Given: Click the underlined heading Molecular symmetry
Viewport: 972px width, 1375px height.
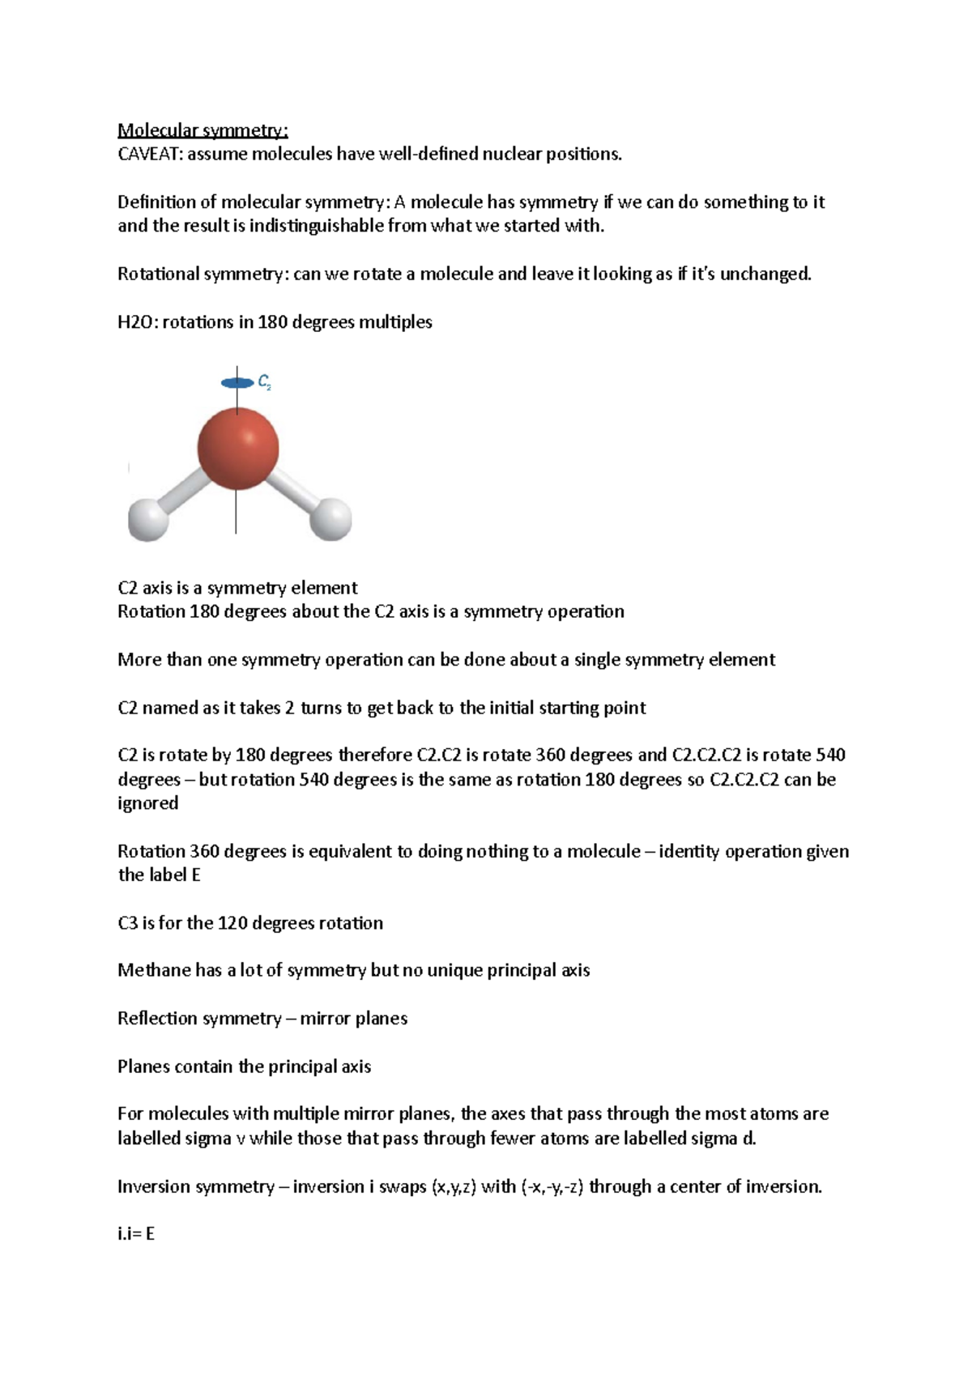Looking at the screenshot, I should tap(202, 130).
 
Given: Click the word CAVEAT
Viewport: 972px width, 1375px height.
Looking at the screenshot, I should tap(150, 155).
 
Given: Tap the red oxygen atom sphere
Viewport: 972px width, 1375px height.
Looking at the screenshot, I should tap(238, 449).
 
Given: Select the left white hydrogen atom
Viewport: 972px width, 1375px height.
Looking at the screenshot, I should tap(148, 520).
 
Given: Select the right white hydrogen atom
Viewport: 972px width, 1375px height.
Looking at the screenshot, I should tap(331, 519).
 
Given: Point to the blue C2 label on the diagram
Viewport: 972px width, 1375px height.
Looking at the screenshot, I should tap(264, 382).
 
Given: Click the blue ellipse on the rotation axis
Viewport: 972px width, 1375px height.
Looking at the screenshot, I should tap(237, 383).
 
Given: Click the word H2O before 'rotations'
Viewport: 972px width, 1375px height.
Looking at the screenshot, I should tap(136, 322).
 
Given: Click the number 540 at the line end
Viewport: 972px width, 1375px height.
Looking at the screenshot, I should tap(830, 756).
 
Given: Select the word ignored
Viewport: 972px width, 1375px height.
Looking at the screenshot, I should tap(147, 803).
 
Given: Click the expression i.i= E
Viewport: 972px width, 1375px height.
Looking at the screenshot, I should tap(135, 1235).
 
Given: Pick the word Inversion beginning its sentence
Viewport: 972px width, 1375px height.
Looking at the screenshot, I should tap(154, 1187).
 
